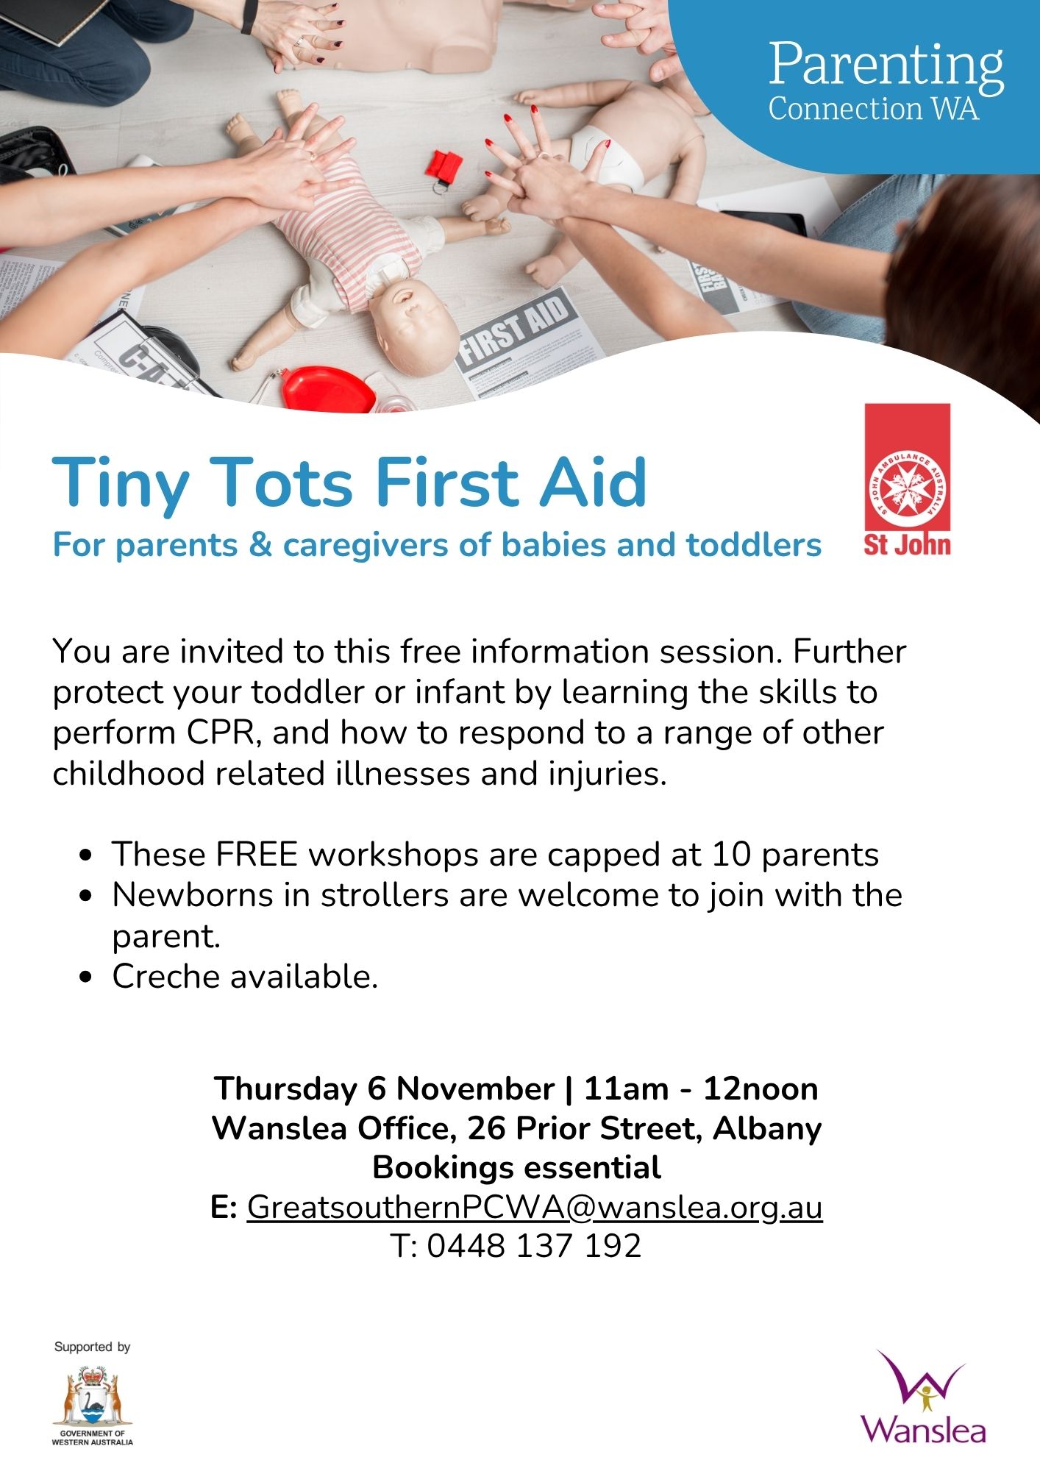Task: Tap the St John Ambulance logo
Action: [907, 479]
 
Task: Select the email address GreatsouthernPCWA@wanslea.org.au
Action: [535, 1207]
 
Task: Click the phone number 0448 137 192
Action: [535, 1246]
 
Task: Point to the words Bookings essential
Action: [517, 1167]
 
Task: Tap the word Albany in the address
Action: [767, 1128]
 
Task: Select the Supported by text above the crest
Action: [93, 1347]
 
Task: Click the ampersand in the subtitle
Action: [260, 546]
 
